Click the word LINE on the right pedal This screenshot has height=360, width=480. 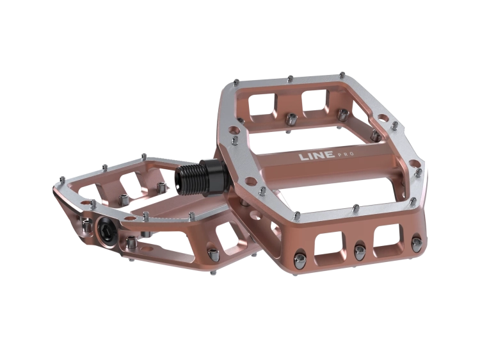coord(317,156)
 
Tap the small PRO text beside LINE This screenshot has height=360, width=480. coord(346,154)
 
